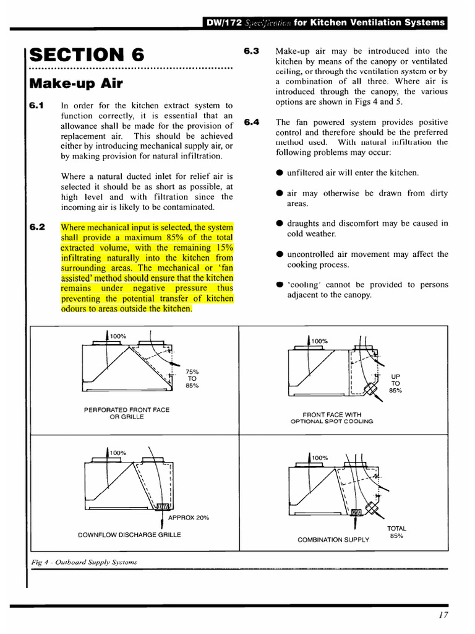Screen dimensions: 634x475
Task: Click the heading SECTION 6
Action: [87, 54]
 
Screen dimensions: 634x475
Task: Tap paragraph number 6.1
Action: [36, 106]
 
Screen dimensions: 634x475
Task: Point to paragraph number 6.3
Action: [252, 51]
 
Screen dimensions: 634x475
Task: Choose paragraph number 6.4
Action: [252, 122]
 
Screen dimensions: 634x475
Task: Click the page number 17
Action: [442, 615]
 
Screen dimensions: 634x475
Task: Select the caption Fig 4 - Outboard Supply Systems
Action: [83, 562]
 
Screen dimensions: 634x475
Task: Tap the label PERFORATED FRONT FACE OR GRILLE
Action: [127, 414]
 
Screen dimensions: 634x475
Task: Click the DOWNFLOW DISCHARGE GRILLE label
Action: [130, 534]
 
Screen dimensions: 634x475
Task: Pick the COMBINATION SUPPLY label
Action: [333, 539]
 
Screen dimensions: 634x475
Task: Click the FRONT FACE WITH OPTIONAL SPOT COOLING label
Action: [332, 418]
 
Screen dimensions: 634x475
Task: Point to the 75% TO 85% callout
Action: [192, 378]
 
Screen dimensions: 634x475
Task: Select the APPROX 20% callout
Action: [189, 518]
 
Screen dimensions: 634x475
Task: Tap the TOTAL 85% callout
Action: [396, 532]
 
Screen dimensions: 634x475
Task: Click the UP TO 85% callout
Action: [395, 383]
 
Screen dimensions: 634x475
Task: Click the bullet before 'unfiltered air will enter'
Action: [280, 173]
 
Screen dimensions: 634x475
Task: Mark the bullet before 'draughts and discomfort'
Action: [280, 224]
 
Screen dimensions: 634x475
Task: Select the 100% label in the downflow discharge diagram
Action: [118, 453]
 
